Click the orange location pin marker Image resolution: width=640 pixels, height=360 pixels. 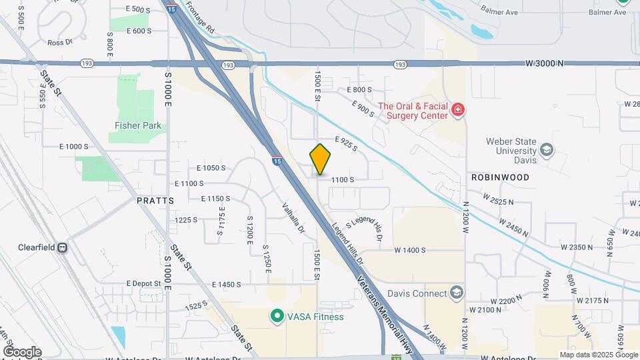click(x=321, y=159)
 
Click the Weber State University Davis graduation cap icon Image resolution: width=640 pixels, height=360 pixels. click(x=547, y=150)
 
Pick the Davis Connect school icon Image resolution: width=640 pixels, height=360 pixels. click(x=456, y=293)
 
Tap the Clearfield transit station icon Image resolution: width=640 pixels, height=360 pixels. click(x=63, y=247)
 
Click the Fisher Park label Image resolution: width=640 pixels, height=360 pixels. click(x=138, y=125)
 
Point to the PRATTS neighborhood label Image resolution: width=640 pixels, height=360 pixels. click(x=155, y=200)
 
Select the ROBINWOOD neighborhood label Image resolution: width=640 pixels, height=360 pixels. click(x=500, y=177)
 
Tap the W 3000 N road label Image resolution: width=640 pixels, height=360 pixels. click(x=544, y=63)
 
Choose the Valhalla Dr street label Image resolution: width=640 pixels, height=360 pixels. click(x=293, y=218)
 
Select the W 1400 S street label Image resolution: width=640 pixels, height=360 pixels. click(x=410, y=250)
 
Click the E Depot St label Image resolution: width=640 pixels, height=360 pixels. click(x=143, y=283)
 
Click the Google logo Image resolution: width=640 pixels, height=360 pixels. click(x=22, y=351)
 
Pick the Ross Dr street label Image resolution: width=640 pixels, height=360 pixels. click(x=59, y=43)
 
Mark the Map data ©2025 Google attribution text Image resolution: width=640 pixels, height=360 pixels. click(x=598, y=355)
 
